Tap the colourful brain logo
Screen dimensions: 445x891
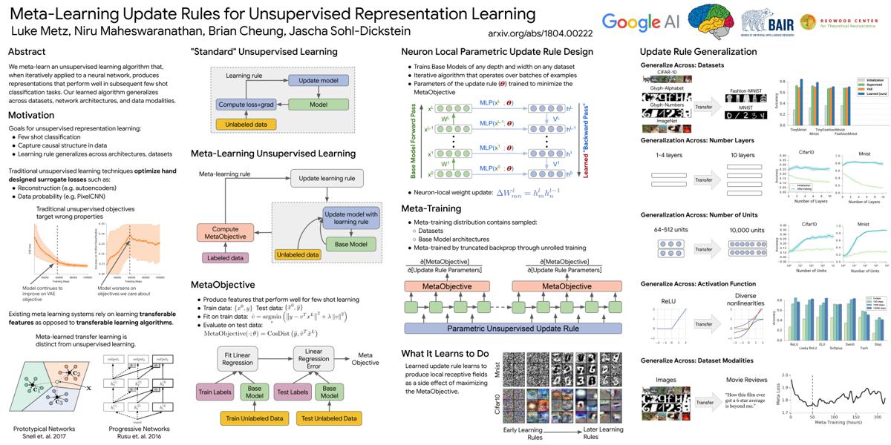pos(714,22)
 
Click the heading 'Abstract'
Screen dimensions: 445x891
pos(27,52)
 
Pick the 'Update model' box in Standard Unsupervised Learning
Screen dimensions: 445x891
pos(319,80)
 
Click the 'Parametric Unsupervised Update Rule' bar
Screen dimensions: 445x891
pos(513,327)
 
